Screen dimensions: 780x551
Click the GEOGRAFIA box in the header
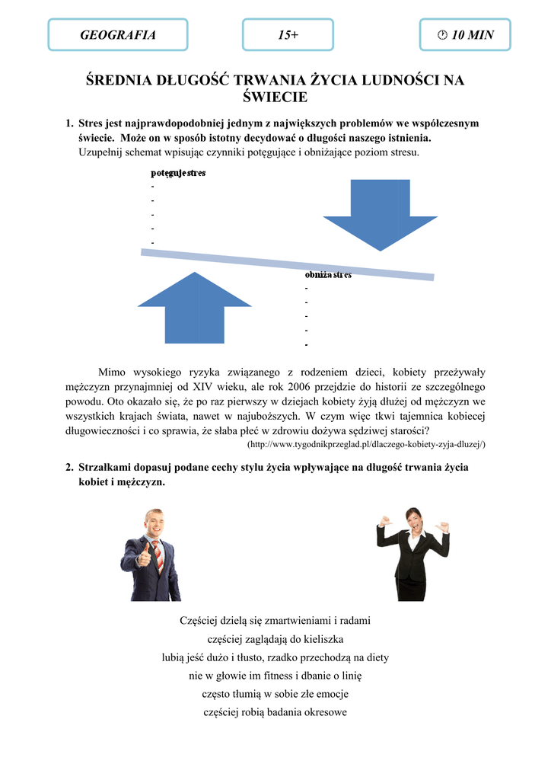118,35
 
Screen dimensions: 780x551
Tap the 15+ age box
288,35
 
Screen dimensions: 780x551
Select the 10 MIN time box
465,35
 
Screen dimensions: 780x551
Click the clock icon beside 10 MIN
442,35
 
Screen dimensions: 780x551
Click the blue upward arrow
194,308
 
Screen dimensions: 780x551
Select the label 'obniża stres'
328,275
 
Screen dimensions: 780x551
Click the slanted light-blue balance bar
288,264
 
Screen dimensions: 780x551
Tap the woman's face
413,521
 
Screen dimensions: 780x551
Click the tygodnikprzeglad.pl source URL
367,444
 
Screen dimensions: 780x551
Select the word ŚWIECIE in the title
275,97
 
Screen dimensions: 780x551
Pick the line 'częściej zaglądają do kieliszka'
275,639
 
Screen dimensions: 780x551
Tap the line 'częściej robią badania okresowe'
275,712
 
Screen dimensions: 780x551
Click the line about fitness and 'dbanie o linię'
275,676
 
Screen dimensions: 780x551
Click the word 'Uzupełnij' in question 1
101,152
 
